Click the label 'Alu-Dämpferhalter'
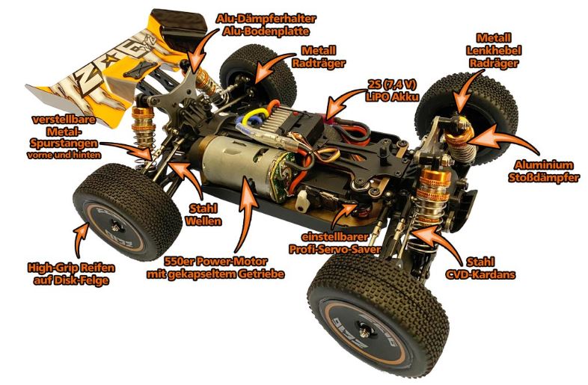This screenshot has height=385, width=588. pyautogui.click(x=266, y=18)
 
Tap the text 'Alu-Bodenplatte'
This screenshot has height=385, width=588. pyautogui.click(x=266, y=31)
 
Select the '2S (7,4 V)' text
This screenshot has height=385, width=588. pyautogui.click(x=392, y=84)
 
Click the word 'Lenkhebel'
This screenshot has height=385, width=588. pyautogui.click(x=494, y=50)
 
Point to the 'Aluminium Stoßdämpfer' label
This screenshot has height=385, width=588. pyautogui.click(x=544, y=170)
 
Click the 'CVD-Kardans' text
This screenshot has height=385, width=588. pyautogui.click(x=480, y=274)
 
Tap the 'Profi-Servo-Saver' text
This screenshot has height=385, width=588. pyautogui.click(x=335, y=249)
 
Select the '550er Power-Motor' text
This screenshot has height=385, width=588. pyautogui.click(x=215, y=261)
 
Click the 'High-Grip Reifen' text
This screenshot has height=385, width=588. pyautogui.click(x=71, y=268)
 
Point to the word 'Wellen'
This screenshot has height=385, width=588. pyautogui.click(x=203, y=221)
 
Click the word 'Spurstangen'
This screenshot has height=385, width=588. pyautogui.click(x=64, y=144)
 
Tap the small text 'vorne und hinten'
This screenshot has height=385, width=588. pyautogui.click(x=64, y=155)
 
